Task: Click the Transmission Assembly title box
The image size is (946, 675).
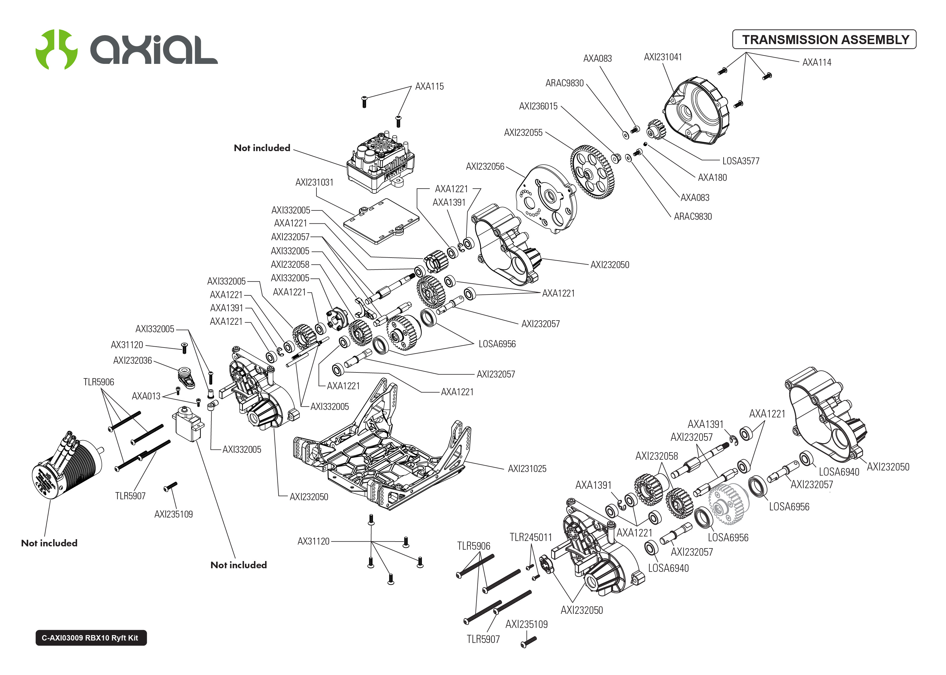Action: point(824,40)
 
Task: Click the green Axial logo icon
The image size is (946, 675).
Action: point(56,49)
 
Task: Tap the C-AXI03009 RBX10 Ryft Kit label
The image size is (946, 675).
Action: point(91,638)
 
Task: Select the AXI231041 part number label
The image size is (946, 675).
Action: point(663,57)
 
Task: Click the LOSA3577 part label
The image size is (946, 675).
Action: point(740,161)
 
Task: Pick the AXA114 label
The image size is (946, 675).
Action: point(816,62)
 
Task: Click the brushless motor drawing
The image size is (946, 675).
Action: point(67,470)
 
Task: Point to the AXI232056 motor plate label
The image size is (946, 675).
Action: point(485,166)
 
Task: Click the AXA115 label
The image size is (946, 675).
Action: point(429,86)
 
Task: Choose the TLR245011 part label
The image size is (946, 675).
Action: point(530,537)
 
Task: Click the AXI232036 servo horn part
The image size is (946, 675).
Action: point(186,376)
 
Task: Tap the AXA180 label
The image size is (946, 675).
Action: point(712,178)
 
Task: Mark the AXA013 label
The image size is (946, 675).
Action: point(146,396)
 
